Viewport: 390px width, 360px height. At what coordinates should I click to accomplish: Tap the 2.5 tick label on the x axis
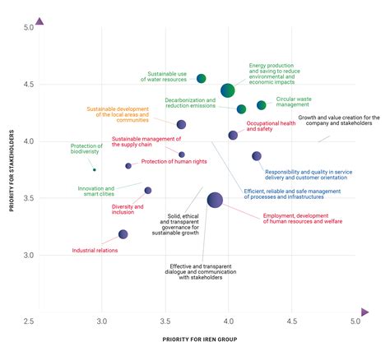tap(29, 320)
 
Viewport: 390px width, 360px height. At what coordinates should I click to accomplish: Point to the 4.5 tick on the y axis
tap(28, 84)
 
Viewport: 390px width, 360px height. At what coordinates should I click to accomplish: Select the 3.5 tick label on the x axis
tap(165, 320)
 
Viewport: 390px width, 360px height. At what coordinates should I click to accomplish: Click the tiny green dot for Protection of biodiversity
tap(95, 170)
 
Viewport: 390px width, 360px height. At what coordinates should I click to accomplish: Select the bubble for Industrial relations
tap(123, 234)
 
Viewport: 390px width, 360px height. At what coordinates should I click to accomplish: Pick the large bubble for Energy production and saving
tap(228, 90)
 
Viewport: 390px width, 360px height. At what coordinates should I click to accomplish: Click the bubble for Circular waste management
tap(262, 105)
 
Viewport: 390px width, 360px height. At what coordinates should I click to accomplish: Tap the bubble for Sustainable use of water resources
tap(202, 78)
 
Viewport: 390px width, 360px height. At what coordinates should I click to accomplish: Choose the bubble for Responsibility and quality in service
tap(257, 156)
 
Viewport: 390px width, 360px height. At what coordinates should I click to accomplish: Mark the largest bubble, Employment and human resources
tap(215, 200)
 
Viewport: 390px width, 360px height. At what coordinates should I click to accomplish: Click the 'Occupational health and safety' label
tap(271, 126)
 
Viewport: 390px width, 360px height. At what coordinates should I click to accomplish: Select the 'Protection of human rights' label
tap(174, 161)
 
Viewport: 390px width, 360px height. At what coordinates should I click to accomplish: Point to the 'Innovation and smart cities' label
tap(96, 191)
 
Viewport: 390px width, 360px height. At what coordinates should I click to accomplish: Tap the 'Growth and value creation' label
tap(337, 121)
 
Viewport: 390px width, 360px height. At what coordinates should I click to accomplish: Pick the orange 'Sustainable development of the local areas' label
tap(118, 114)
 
